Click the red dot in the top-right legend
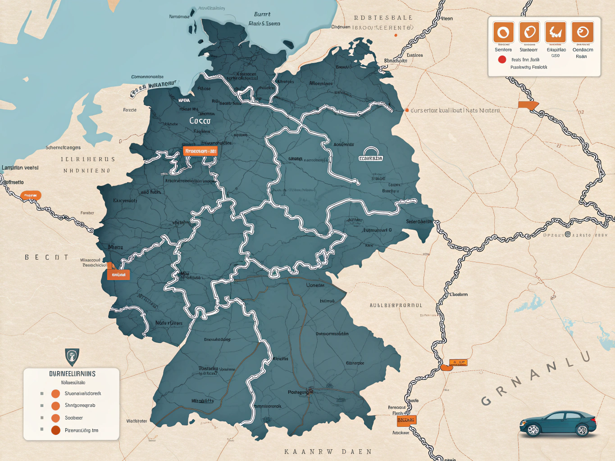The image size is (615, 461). (502, 59)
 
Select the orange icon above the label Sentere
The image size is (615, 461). (503, 32)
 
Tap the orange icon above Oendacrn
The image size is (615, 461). (582, 32)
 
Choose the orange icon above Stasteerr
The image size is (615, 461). (529, 32)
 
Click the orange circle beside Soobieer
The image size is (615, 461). (55, 418)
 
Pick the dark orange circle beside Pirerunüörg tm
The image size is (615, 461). (55, 430)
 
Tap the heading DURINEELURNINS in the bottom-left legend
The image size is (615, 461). (72, 374)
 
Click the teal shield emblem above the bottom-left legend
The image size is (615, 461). (72, 357)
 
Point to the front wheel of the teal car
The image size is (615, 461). (533, 430)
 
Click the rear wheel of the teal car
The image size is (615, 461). (582, 430)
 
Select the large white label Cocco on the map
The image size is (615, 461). (200, 121)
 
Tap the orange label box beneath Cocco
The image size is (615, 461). (200, 151)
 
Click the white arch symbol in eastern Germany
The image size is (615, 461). (371, 154)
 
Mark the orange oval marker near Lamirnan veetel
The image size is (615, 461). (31, 195)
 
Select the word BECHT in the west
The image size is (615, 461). (46, 258)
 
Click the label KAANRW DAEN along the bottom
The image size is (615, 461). (328, 452)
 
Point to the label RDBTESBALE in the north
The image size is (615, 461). (383, 18)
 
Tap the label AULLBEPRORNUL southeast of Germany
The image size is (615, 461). (396, 305)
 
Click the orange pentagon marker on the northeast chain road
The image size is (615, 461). (528, 105)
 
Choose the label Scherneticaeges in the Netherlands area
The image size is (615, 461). (63, 148)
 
